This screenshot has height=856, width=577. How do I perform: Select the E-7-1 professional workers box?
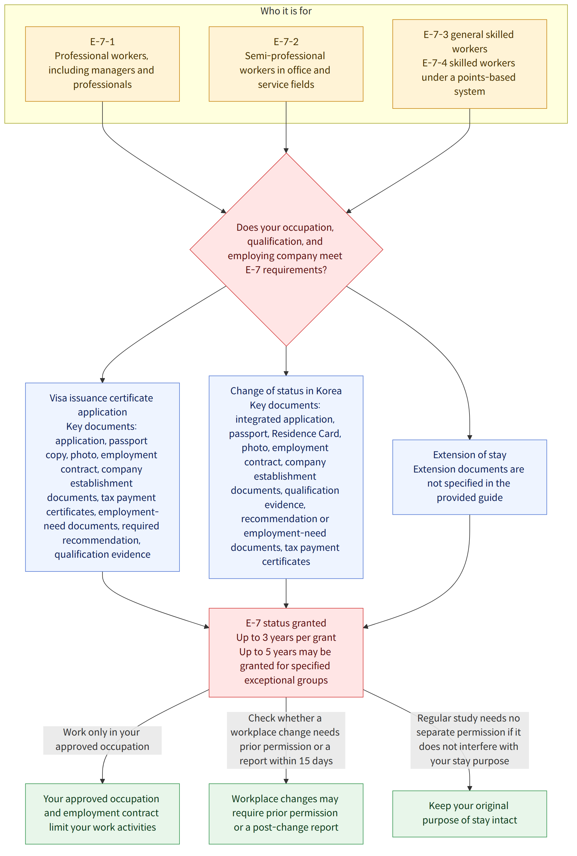point(102,64)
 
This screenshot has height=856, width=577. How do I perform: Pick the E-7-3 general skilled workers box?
point(469,64)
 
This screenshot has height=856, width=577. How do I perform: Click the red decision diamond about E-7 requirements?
point(286,249)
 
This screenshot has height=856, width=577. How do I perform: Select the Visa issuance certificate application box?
point(102,477)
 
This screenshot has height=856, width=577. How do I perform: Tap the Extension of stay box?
point(469,477)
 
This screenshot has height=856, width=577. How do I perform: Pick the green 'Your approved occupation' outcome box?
point(102,814)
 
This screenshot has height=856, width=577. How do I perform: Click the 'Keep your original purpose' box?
point(469,814)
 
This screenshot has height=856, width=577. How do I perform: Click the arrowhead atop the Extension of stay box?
point(469,437)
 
